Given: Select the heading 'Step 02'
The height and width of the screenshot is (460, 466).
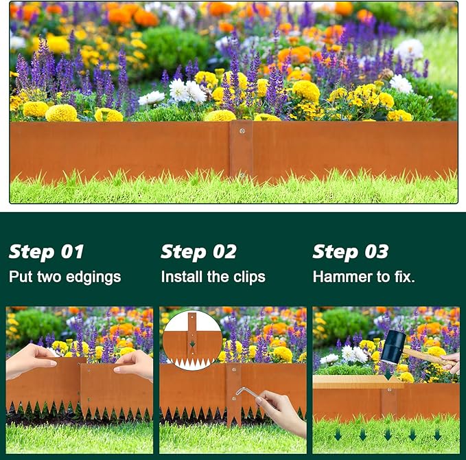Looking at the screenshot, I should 198,252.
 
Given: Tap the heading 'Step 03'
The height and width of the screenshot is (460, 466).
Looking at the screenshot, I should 350,252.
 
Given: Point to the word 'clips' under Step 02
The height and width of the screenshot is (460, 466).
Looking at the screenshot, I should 249,277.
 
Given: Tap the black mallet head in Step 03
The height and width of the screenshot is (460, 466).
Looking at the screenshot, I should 393,347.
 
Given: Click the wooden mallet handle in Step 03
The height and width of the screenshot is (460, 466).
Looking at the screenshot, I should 426,356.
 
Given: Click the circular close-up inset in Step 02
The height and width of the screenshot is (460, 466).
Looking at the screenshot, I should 192,340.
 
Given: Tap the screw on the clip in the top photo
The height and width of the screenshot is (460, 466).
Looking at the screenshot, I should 242,129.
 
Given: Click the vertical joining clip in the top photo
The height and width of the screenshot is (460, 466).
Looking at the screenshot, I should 242,151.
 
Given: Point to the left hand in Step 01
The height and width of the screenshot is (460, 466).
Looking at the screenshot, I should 31,360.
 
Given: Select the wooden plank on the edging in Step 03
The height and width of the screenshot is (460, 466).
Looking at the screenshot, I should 357,382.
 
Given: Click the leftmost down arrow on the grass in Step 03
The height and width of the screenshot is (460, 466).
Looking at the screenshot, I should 337,435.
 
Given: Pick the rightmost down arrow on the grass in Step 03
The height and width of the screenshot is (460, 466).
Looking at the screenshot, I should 437,435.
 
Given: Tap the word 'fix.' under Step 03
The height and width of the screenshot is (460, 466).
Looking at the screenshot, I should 403,277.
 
